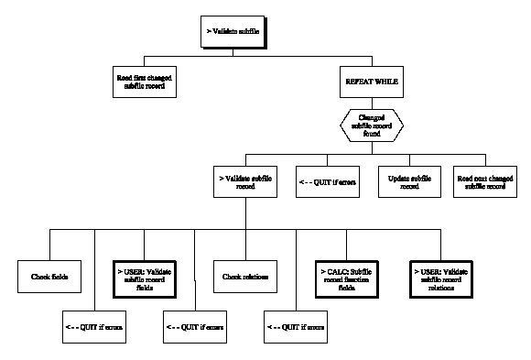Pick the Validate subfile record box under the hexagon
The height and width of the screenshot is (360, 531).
pyautogui.click(x=244, y=179)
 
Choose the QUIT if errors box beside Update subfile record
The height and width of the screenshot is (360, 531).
pyautogui.click(x=327, y=179)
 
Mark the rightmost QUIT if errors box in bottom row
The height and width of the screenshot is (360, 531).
pyautogui.click(x=293, y=324)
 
